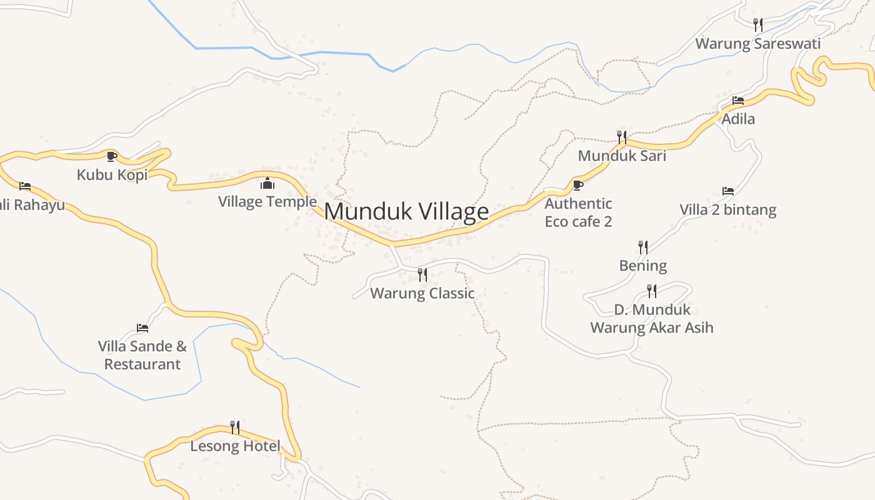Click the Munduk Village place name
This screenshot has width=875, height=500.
[x=406, y=211]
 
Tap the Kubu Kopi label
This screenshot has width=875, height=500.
[x=112, y=174]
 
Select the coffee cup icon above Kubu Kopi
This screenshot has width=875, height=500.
[x=112, y=156]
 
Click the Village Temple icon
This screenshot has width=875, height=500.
[x=267, y=183]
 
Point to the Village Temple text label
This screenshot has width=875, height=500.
[x=267, y=202]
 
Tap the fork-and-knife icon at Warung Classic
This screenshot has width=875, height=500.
[x=422, y=274]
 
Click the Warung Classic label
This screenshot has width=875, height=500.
[x=422, y=293]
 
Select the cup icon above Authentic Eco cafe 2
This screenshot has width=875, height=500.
[x=578, y=185]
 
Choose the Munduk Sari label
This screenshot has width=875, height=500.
[x=622, y=156]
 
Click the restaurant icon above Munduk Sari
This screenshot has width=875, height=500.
[x=622, y=137]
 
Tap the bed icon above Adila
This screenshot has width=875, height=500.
[x=738, y=100]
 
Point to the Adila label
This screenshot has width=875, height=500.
[x=738, y=119]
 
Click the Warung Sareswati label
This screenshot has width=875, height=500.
[x=758, y=44]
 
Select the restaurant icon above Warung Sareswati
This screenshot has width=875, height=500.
[x=758, y=25]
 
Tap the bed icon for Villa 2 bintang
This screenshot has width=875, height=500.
[x=728, y=191]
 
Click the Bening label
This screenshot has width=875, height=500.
[x=643, y=266]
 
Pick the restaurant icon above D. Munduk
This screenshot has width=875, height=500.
[x=652, y=291]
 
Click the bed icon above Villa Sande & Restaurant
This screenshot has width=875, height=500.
[x=142, y=327]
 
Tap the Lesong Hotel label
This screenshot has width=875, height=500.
[x=235, y=446]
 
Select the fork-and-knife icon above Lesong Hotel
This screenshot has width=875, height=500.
[x=235, y=427]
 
